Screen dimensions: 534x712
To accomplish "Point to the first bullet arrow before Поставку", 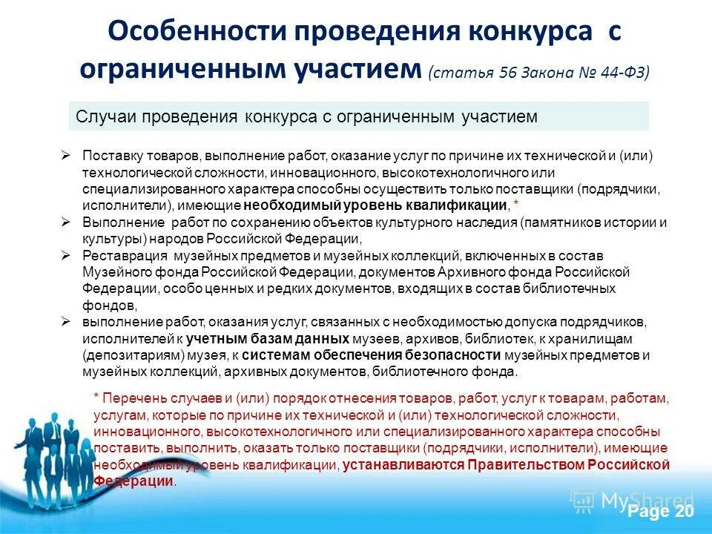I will point(66,156).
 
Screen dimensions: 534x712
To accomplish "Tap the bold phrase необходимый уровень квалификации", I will point(376,205).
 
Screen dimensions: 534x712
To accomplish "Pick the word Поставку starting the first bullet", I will point(108,156).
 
